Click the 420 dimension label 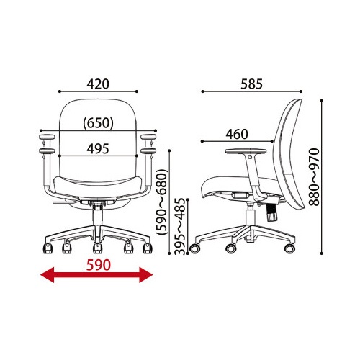pos(98,84)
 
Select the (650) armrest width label pos(98,123)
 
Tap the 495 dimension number pos(98,149)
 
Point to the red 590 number pos(99,265)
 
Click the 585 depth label pos(252,84)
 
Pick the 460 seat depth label pos(237,135)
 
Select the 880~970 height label pos(315,177)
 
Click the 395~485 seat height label pos(180,226)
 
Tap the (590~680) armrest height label pos(161,202)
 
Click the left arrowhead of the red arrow pos(48,275)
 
